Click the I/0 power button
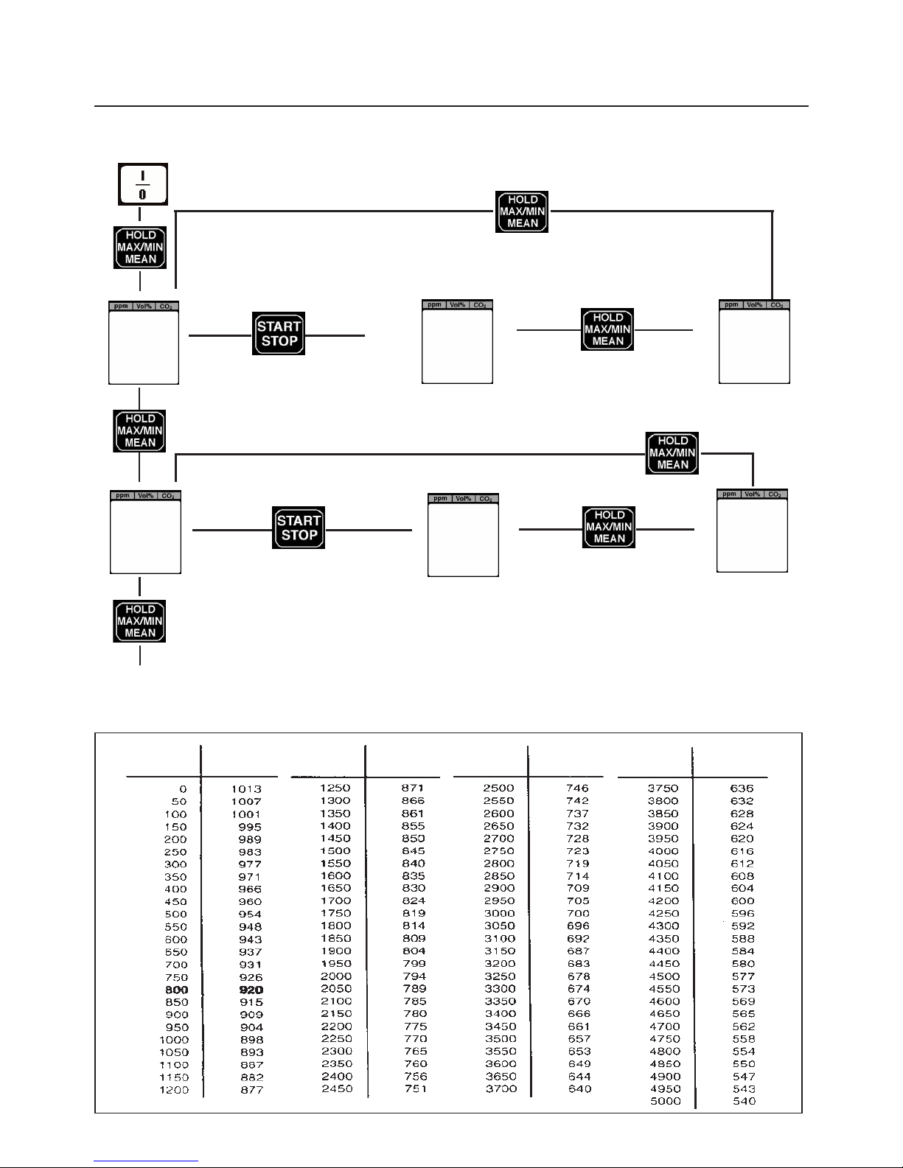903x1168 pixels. pyautogui.click(x=143, y=183)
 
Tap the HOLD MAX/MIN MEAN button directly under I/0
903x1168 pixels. pyautogui.click(x=140, y=248)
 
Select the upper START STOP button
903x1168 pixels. pyautogui.click(x=279, y=334)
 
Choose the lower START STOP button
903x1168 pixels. pyautogui.click(x=299, y=528)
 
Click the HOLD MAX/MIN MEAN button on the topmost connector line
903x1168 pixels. pyautogui.click(x=522, y=211)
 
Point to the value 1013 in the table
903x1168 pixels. pyautogui.click(x=246, y=789)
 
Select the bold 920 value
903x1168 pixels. pyautogui.click(x=251, y=990)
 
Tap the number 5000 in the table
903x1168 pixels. pyautogui.click(x=666, y=1102)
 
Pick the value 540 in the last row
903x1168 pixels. pyautogui.click(x=743, y=1102)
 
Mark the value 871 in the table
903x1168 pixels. pyautogui.click(x=413, y=788)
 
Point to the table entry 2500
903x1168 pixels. pyautogui.click(x=498, y=788)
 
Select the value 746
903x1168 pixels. pyautogui.click(x=577, y=788)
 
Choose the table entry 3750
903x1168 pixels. pyautogui.click(x=663, y=788)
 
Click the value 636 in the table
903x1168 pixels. pyautogui.click(x=742, y=788)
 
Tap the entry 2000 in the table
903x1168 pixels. pyautogui.click(x=335, y=976)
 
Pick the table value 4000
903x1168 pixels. pyautogui.click(x=663, y=851)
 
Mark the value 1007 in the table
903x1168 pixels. pyautogui.click(x=246, y=802)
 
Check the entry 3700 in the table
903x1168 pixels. pyautogui.click(x=501, y=1089)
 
